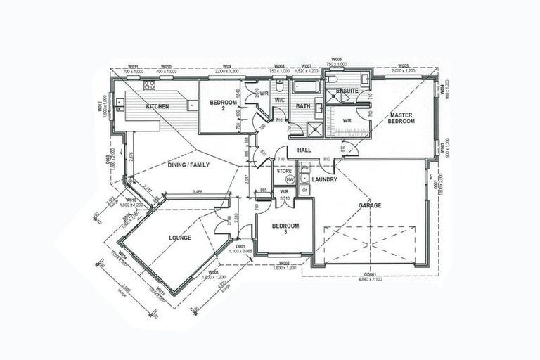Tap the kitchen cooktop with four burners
(x=149, y=86)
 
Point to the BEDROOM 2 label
(x=221, y=106)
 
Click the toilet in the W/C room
(x=280, y=86)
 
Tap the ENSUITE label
(x=347, y=91)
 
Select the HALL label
(x=304, y=150)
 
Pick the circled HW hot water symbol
(x=290, y=180)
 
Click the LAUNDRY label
(x=325, y=179)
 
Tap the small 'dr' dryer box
(x=304, y=190)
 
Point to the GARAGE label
(x=370, y=205)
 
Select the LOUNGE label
(x=180, y=238)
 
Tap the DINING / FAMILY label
(x=188, y=165)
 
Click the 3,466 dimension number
(x=198, y=191)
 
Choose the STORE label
(x=284, y=170)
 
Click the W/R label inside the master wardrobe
(x=347, y=120)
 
